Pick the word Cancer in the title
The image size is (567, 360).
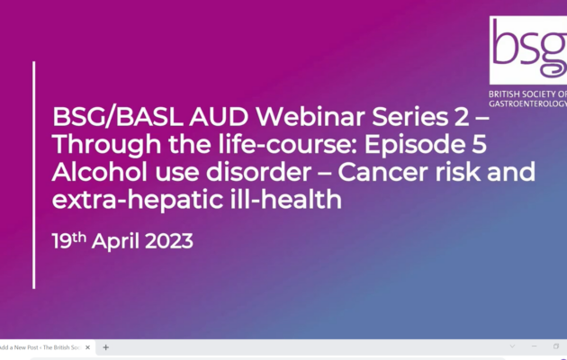pyautogui.click(x=399, y=172)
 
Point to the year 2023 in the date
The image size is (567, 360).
pyautogui.click(x=167, y=241)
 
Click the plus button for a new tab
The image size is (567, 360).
pyautogui.click(x=105, y=346)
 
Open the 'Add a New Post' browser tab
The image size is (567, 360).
pyautogui.click(x=45, y=346)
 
